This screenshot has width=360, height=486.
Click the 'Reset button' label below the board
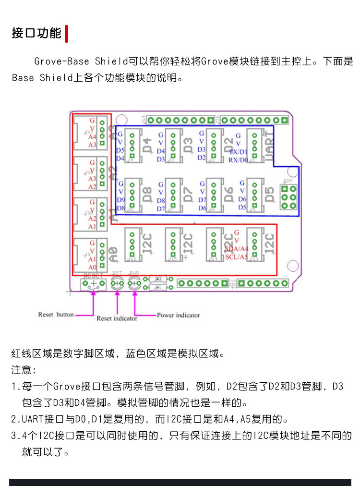click(x=56, y=315)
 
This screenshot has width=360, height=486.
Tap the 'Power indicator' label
click(x=178, y=315)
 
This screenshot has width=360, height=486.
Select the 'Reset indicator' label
click(x=117, y=318)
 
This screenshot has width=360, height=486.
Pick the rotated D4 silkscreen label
click(x=147, y=143)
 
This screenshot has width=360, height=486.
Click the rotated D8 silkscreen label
click(x=147, y=194)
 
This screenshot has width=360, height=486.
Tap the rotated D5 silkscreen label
click(x=270, y=194)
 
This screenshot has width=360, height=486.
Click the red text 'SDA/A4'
click(x=237, y=248)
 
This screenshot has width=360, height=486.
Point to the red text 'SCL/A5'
click(x=237, y=257)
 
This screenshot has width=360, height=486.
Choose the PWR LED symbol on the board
click(x=134, y=284)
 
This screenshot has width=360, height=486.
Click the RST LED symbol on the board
click(x=117, y=284)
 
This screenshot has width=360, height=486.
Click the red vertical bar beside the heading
click(x=66, y=34)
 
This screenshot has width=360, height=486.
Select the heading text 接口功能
click(x=36, y=33)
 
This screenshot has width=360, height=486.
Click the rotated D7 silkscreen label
click(x=188, y=194)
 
